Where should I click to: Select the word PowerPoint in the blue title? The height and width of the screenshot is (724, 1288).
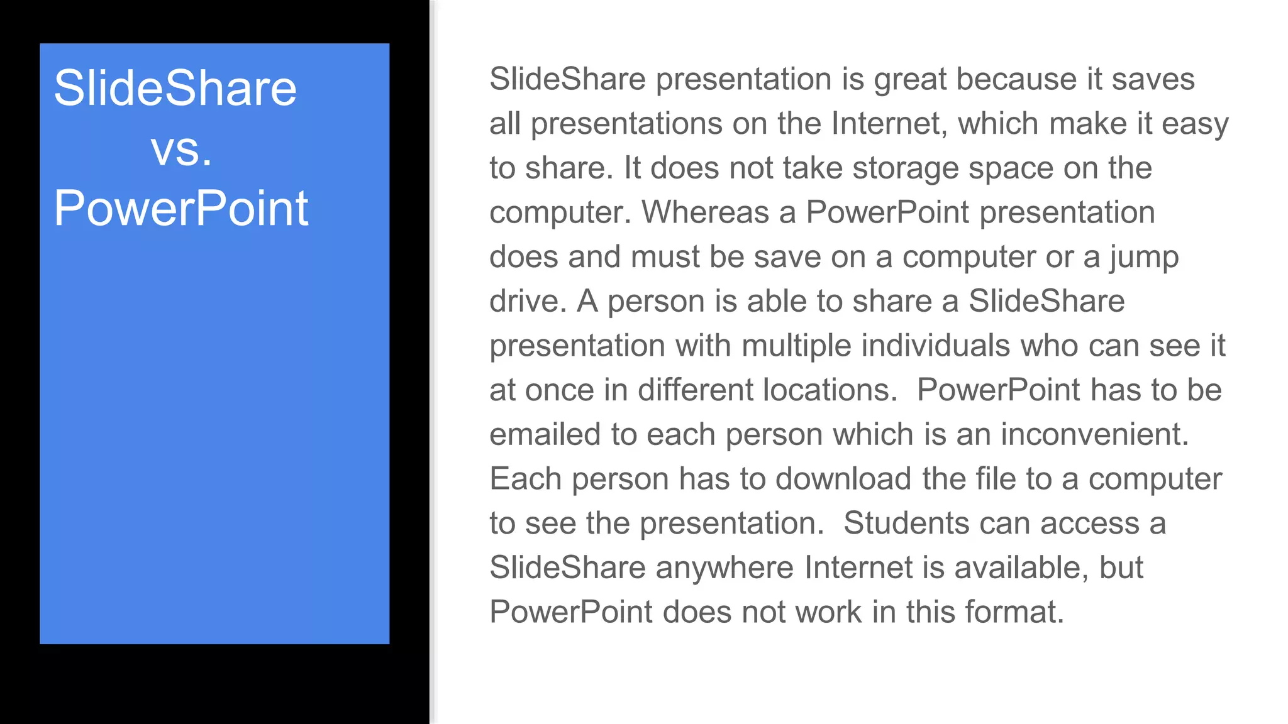(x=181, y=208)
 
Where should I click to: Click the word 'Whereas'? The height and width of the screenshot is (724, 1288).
(x=705, y=212)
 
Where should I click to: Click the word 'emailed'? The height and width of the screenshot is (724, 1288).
(x=545, y=435)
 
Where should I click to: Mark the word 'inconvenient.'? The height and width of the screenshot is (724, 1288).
(x=1095, y=435)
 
